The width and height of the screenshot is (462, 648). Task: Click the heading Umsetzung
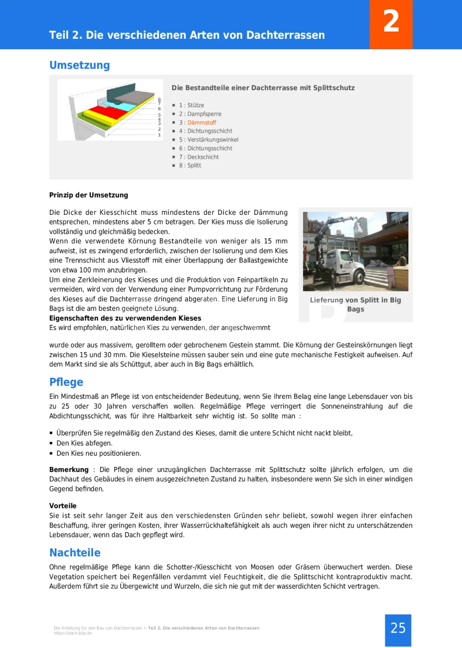point(79,65)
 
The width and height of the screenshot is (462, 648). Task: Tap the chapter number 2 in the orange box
point(391,22)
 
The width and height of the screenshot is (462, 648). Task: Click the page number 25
point(398,628)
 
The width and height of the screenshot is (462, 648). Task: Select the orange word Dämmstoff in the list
point(202,123)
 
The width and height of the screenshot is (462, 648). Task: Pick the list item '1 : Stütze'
point(191,106)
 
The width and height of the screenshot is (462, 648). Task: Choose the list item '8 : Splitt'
point(190,166)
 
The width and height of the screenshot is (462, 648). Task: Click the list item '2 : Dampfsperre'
point(200,114)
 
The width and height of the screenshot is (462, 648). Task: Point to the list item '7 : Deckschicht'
point(199,157)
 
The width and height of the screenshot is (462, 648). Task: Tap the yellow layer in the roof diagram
point(97,118)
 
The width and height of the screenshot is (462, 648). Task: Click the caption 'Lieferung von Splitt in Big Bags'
point(356,305)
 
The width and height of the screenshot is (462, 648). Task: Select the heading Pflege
point(66,382)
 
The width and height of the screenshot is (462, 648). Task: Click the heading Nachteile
point(75,553)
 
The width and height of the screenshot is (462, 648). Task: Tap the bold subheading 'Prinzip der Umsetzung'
point(88,195)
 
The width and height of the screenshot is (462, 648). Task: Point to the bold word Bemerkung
point(69,470)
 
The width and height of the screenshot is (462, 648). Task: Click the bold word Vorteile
point(63,506)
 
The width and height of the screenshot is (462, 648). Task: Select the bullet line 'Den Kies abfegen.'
point(84,444)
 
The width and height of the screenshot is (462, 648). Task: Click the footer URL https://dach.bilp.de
point(73,633)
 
